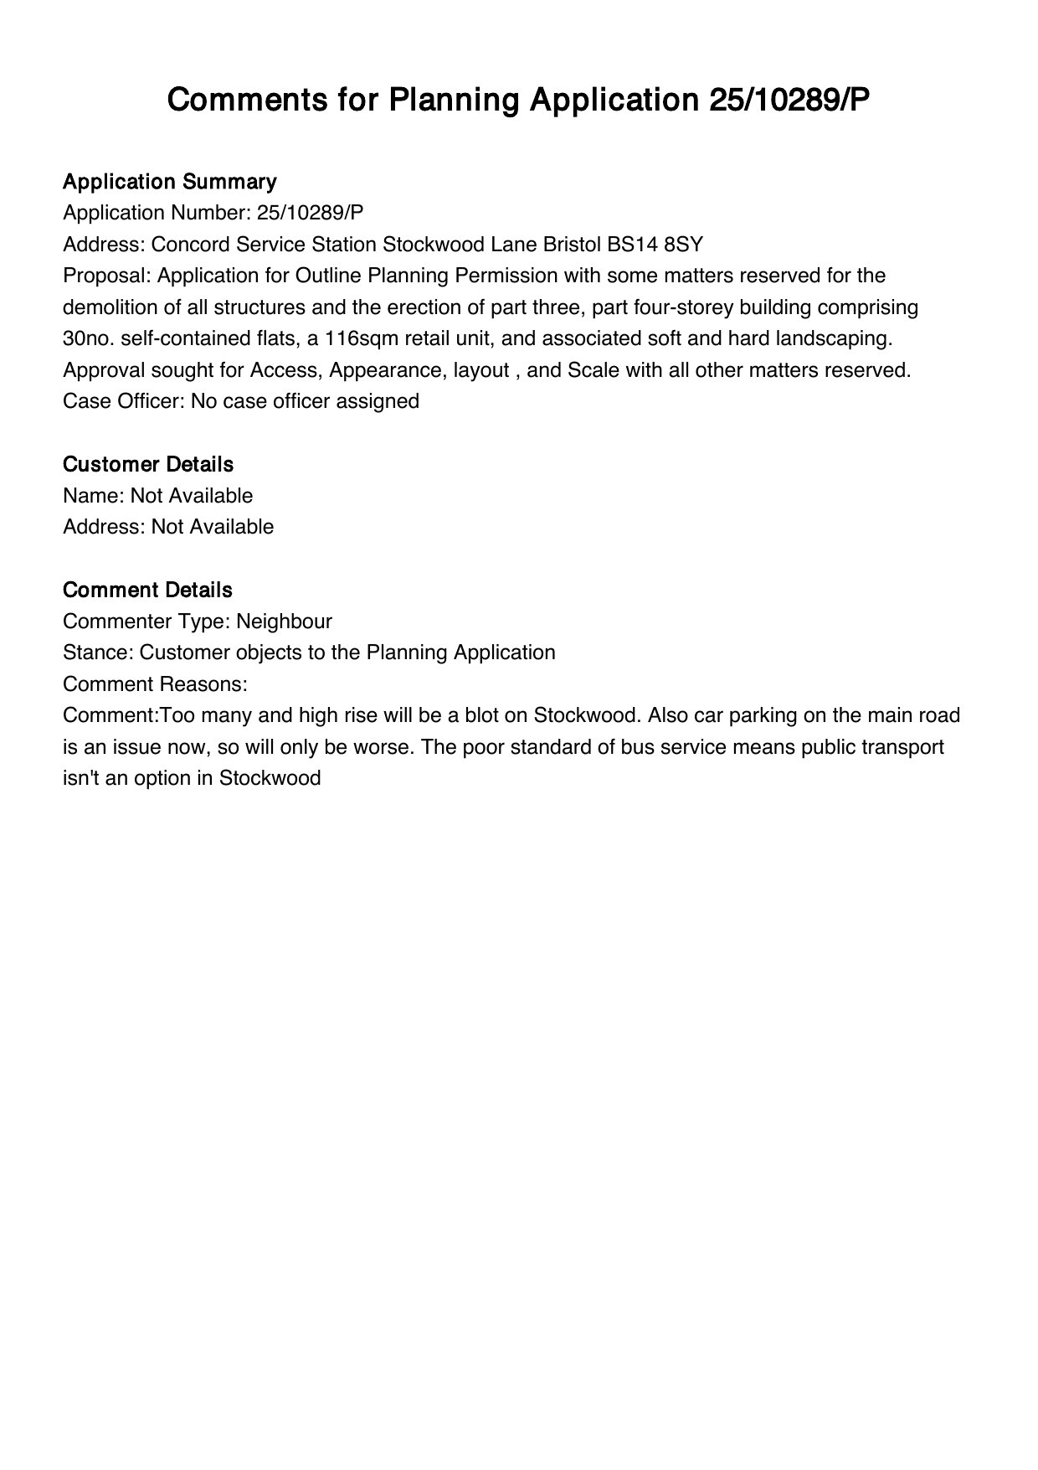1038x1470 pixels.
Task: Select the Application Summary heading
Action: [x=169, y=182]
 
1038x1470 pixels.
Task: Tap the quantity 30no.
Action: [x=89, y=338]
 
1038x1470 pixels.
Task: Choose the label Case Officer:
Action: [x=124, y=401]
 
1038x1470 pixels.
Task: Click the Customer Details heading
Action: [x=148, y=464]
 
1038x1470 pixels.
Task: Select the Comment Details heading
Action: [x=147, y=590]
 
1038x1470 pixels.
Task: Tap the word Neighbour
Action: [x=284, y=622]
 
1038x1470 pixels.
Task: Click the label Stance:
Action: [x=98, y=652]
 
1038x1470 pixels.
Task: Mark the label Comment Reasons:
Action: [x=155, y=684]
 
